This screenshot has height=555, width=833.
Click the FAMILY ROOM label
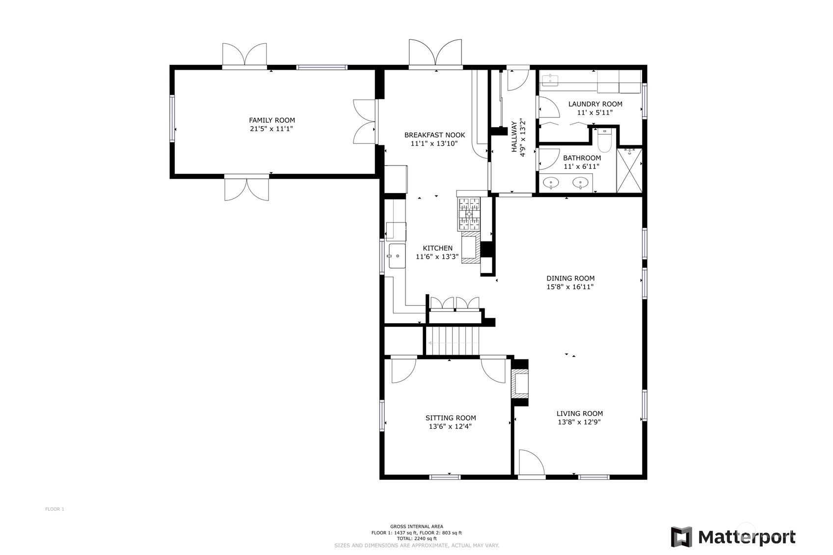click(271, 120)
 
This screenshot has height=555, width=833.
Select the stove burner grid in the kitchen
click(469, 214)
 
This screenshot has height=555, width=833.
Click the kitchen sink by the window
click(397, 255)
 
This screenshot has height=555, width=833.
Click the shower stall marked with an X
click(629, 170)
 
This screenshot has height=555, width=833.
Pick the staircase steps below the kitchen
click(452, 341)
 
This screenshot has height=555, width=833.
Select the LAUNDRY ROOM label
click(595, 104)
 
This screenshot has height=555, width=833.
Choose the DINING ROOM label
click(570, 278)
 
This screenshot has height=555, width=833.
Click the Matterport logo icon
click(681, 537)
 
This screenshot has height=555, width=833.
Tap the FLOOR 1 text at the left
click(54, 509)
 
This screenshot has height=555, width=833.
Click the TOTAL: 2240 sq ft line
click(416, 539)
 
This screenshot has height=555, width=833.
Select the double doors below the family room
click(246, 189)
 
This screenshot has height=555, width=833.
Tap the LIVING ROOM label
click(579, 414)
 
